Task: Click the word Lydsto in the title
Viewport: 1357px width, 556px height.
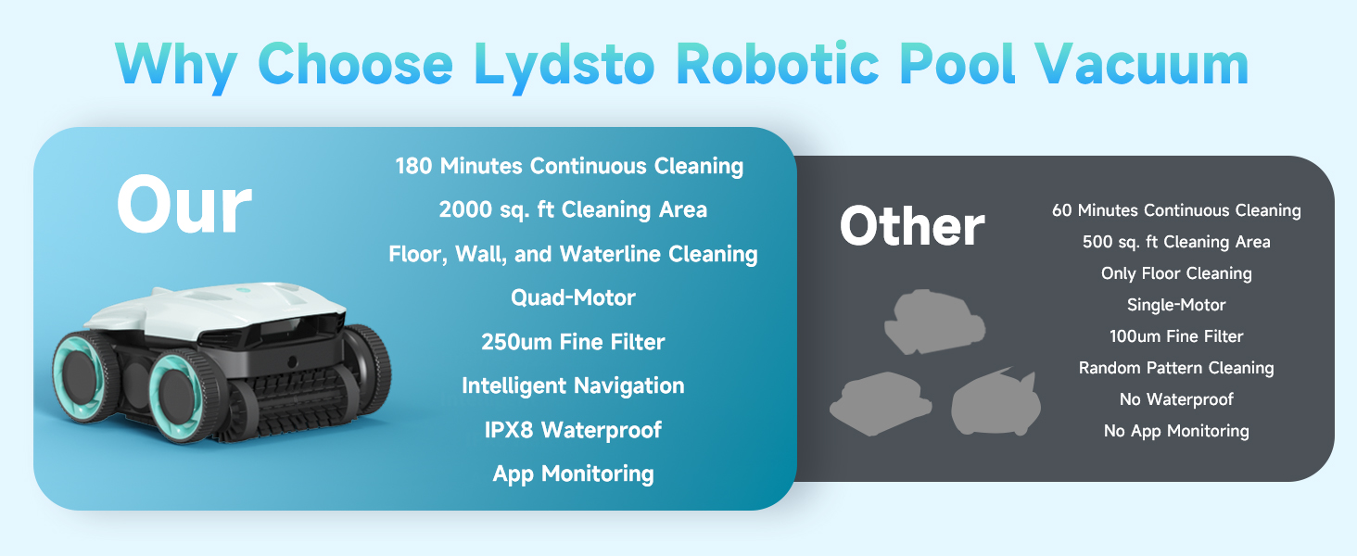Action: tap(564, 65)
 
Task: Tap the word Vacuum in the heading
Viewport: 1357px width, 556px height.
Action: tap(1141, 64)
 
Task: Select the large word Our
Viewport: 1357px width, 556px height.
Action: tap(184, 205)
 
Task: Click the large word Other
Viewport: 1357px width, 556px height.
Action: tap(912, 226)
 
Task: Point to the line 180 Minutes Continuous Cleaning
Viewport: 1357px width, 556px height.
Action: tap(569, 166)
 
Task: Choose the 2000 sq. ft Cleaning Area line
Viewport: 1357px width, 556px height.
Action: tap(573, 209)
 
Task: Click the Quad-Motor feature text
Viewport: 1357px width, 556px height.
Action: tap(573, 297)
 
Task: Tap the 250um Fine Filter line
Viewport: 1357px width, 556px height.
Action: tap(573, 342)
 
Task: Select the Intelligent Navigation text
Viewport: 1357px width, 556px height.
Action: tap(573, 385)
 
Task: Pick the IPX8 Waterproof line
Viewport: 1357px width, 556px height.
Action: tap(573, 430)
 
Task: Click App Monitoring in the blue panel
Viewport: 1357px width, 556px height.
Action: tap(573, 474)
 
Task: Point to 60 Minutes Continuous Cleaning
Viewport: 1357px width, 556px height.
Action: tap(1176, 210)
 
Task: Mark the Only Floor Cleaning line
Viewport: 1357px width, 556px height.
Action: tap(1176, 273)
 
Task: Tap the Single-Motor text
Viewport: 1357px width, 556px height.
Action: tap(1176, 305)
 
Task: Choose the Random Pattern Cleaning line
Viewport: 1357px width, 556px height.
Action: tap(1176, 368)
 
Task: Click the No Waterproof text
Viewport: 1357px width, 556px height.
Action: tap(1176, 399)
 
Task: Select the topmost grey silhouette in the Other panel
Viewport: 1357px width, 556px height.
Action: tap(934, 322)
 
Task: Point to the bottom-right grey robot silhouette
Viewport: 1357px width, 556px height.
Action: tap(996, 403)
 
